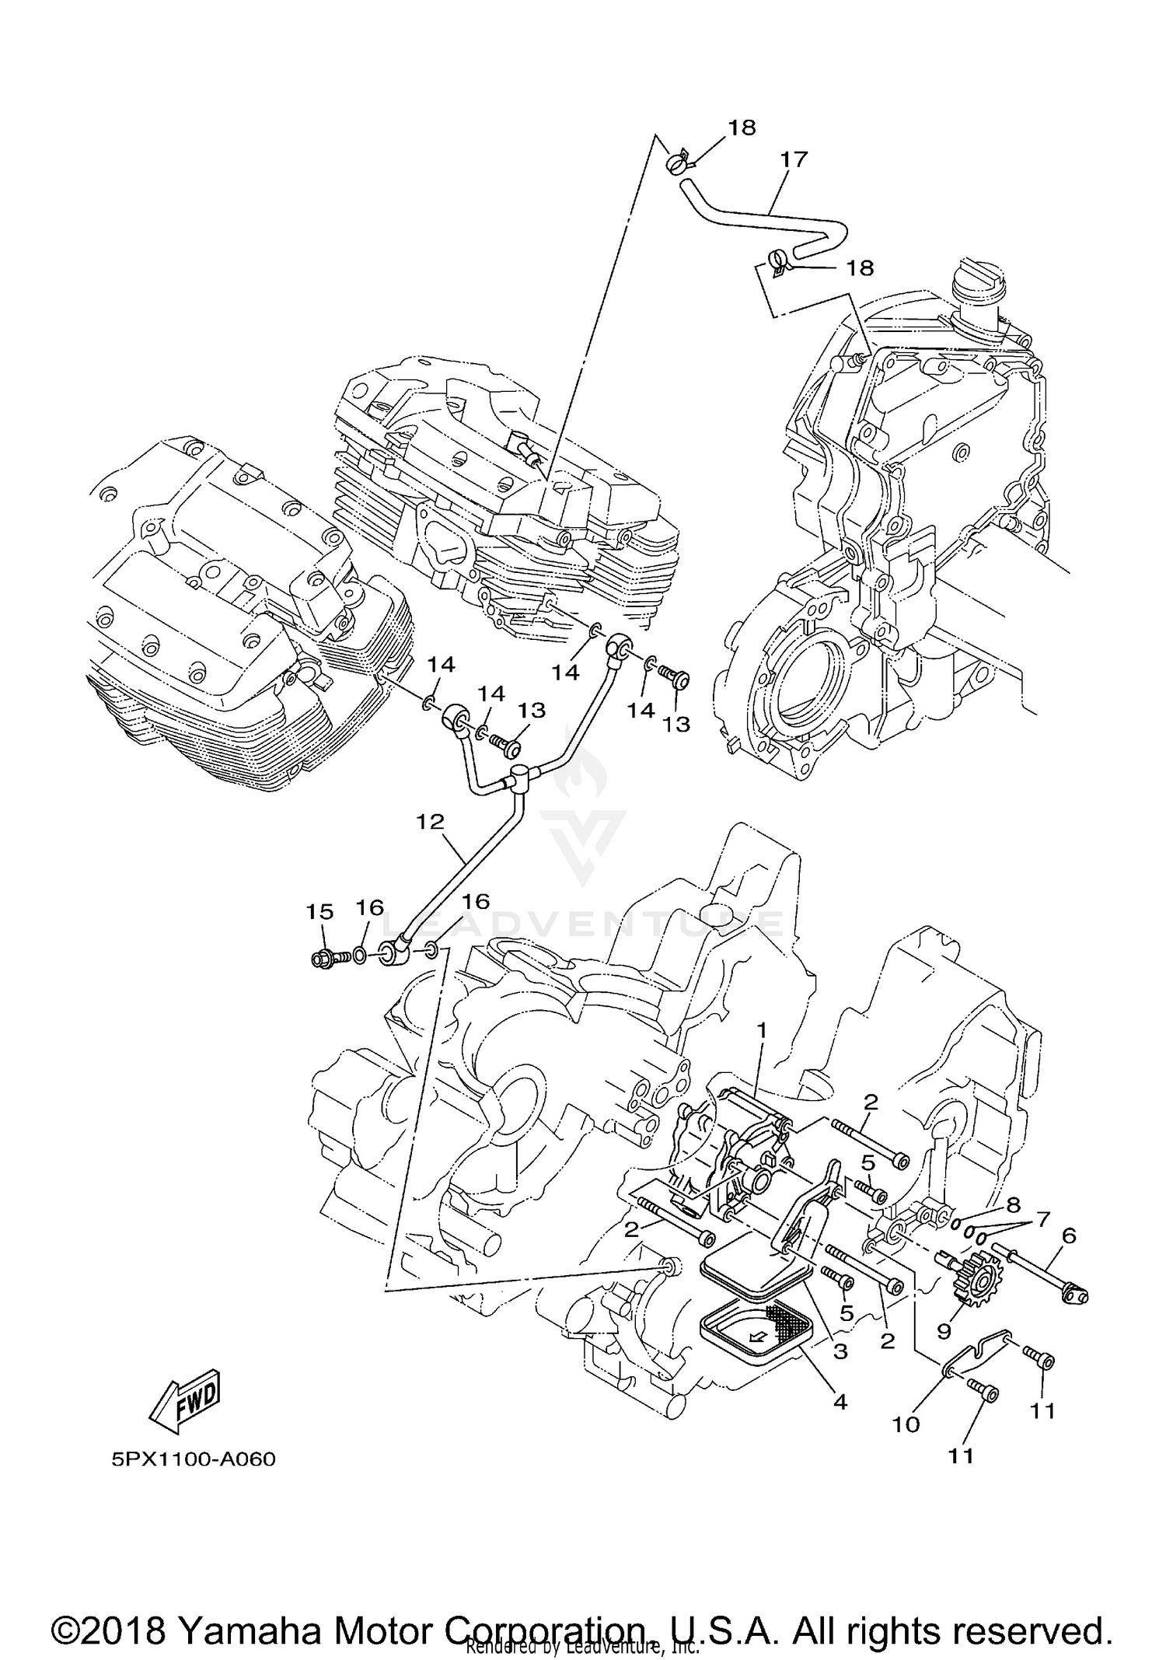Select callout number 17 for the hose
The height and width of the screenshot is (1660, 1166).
(794, 159)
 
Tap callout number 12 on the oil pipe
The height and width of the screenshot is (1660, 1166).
(430, 822)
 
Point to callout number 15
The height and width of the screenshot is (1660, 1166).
(320, 910)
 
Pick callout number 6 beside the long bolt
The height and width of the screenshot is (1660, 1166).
(1069, 1235)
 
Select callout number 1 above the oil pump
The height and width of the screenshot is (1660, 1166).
(762, 1030)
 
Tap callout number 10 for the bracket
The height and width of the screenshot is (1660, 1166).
(906, 1424)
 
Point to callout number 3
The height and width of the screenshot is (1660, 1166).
(840, 1351)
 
